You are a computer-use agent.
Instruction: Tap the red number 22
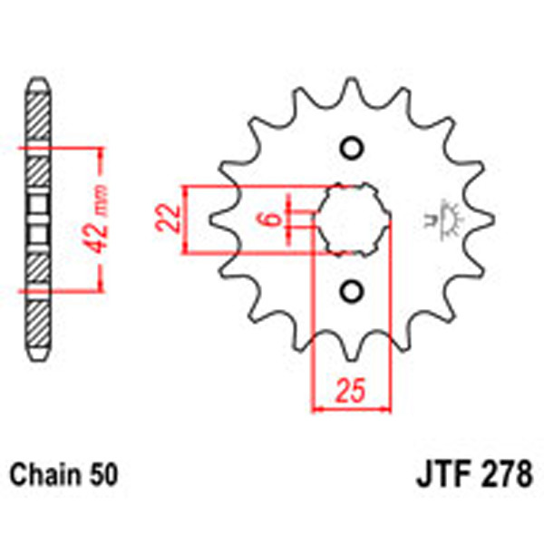(x=165, y=220)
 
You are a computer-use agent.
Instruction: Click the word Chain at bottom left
(x=44, y=474)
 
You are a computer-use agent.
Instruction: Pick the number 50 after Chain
(x=101, y=474)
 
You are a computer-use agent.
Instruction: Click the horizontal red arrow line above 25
(x=350, y=408)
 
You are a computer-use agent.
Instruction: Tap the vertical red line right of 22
(x=186, y=220)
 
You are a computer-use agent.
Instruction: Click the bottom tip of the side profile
(x=36, y=358)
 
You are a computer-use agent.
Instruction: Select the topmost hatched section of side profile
(x=36, y=118)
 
